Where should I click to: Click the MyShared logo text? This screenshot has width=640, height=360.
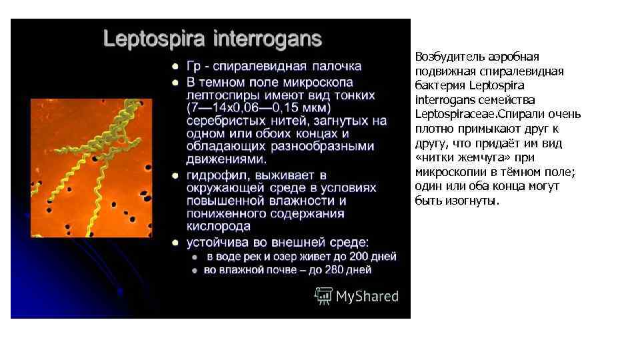click(367, 296)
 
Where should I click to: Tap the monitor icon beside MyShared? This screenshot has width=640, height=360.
click(324, 295)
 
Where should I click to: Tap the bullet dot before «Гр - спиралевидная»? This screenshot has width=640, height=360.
click(175, 67)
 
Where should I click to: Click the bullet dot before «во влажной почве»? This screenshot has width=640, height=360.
click(195, 270)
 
